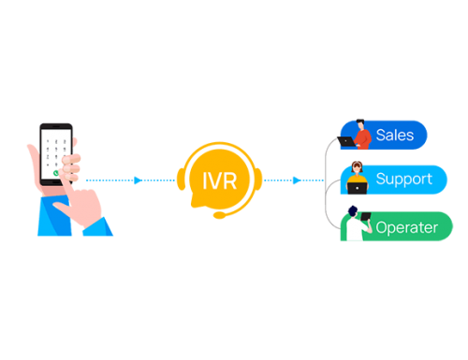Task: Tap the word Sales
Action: [394, 135]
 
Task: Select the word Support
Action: [403, 179]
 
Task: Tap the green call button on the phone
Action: [58, 173]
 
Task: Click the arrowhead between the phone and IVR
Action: [139, 180]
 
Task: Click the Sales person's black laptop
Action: [347, 141]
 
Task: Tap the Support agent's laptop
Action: [357, 188]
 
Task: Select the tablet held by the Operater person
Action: [368, 227]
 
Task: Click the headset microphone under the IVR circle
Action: [217, 216]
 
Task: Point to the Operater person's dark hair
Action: [353, 212]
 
